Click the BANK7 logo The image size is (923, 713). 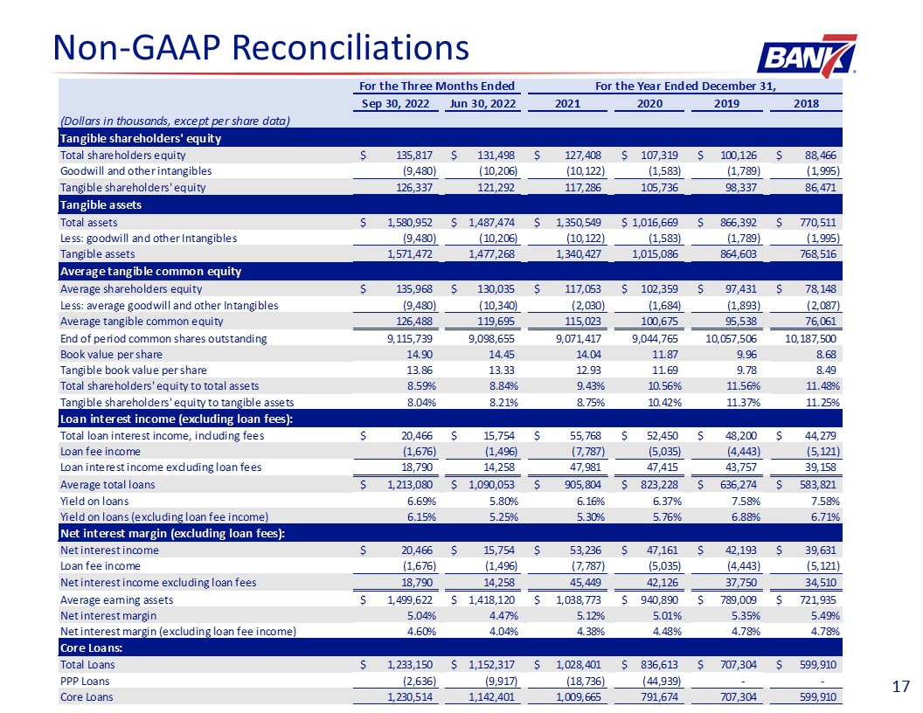[807, 56]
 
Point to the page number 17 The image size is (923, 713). [900, 687]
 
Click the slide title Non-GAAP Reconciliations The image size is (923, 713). [260, 47]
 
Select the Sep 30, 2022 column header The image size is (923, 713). [395, 103]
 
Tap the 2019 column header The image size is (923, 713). [726, 103]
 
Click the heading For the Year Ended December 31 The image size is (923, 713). [685, 86]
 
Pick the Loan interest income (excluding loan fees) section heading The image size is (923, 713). [177, 419]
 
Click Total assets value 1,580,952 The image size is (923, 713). [410, 222]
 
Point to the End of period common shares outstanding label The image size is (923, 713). [163, 338]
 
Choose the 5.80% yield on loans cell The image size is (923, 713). [503, 502]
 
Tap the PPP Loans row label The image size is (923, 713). [85, 682]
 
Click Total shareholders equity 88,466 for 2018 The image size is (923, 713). [820, 156]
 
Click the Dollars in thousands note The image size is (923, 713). [175, 121]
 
